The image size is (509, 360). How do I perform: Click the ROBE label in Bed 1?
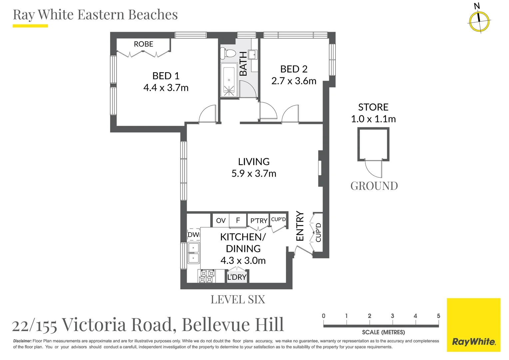(143, 44)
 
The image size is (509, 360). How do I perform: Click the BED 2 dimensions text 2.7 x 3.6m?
(293, 81)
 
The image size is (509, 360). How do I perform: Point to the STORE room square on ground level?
(373, 144)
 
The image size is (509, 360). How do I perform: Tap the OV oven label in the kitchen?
(221, 221)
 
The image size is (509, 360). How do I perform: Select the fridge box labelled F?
(238, 220)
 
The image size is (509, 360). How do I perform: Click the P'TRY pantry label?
(259, 221)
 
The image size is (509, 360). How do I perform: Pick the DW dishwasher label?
(193, 235)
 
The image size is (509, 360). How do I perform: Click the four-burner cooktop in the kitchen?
(207, 276)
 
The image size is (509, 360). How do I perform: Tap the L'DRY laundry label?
(237, 277)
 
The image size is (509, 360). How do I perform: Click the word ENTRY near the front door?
(300, 226)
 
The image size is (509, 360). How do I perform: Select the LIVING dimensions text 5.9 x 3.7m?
(254, 174)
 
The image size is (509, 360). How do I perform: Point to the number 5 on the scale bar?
(438, 316)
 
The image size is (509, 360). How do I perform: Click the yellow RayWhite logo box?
(473, 325)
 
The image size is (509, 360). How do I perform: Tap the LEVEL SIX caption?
(238, 300)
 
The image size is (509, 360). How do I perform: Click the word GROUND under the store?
(374, 186)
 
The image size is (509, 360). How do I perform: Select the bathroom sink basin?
(252, 54)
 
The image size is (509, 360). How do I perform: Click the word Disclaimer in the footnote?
(22, 341)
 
